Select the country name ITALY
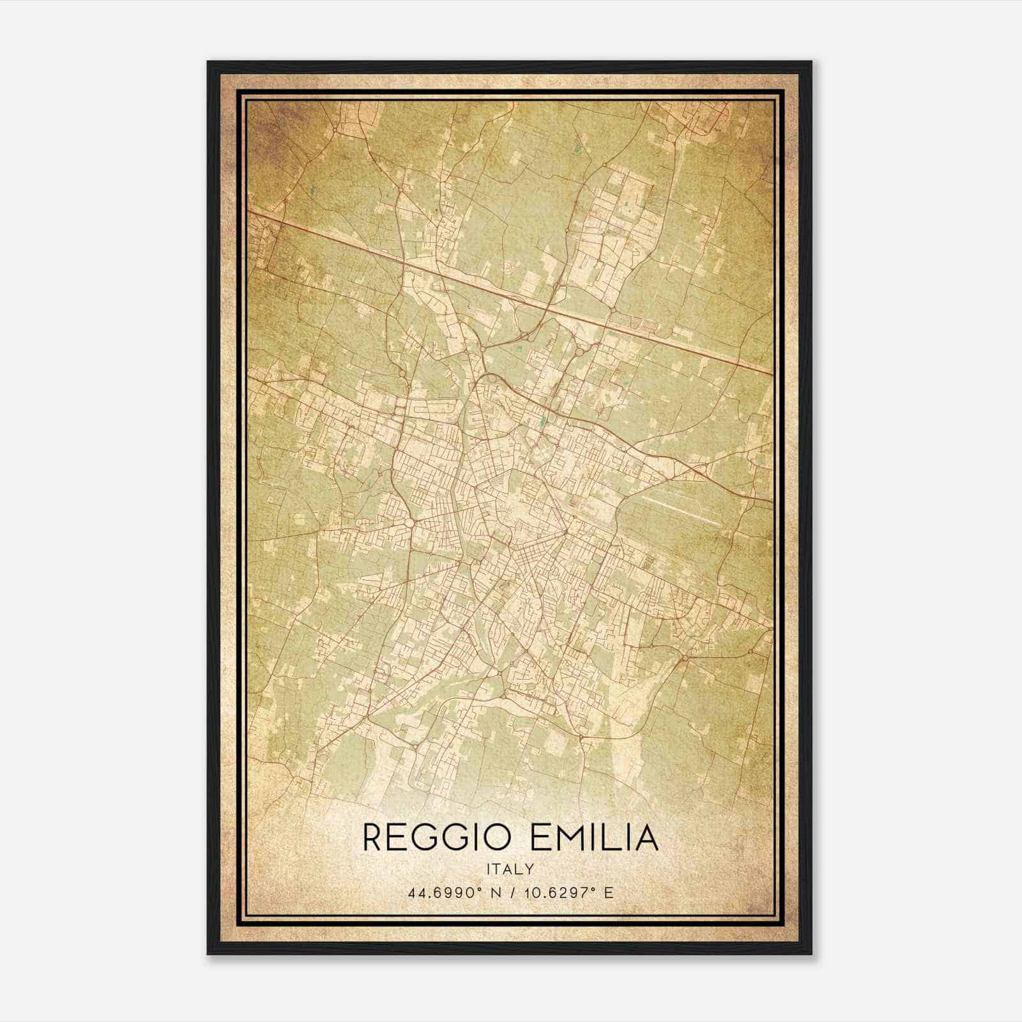[510, 869]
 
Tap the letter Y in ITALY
[530, 869]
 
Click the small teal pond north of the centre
[543, 421]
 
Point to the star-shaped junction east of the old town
[565, 531]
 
